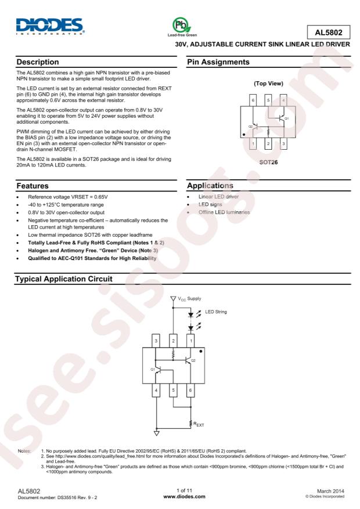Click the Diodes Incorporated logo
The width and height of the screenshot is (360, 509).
[x=51, y=26]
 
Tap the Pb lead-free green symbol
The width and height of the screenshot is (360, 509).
[x=182, y=25]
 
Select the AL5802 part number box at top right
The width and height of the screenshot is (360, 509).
[x=329, y=32]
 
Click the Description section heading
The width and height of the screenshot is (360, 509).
[x=38, y=62]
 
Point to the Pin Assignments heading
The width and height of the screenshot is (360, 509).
[x=218, y=62]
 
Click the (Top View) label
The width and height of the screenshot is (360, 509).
[x=268, y=84]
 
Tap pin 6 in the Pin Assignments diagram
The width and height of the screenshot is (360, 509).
[x=253, y=100]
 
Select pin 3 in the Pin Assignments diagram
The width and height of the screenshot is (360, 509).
[x=283, y=143]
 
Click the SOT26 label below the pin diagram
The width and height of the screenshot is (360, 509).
[x=268, y=163]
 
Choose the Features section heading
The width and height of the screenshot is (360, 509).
[x=33, y=186]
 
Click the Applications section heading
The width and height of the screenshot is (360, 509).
[x=210, y=186]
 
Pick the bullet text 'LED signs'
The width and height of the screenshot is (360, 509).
[x=210, y=204]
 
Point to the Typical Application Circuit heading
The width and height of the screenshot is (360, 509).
[x=64, y=279]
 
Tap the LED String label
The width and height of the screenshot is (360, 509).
[x=216, y=312]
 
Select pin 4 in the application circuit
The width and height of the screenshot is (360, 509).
[x=156, y=391]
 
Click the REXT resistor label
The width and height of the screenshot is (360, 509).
[x=199, y=424]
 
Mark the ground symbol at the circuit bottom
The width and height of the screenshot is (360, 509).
[x=156, y=433]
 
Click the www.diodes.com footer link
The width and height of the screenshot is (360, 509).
[x=184, y=496]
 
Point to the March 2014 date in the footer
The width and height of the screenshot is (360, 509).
[x=330, y=491]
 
